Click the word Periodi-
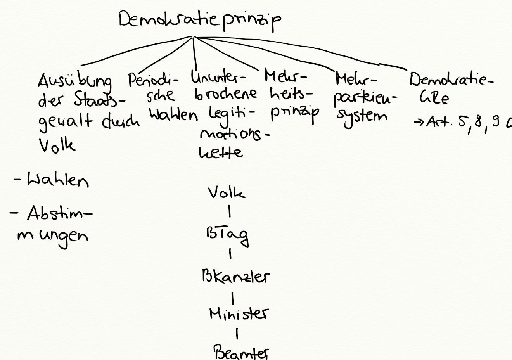click(154, 81)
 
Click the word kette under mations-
click(221, 152)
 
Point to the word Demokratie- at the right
click(451, 80)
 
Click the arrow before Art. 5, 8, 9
click(419, 123)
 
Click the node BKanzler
click(235, 277)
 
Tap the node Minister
click(238, 313)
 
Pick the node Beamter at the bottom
click(241, 352)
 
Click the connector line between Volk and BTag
click(230, 212)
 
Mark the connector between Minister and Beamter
click(237, 333)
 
